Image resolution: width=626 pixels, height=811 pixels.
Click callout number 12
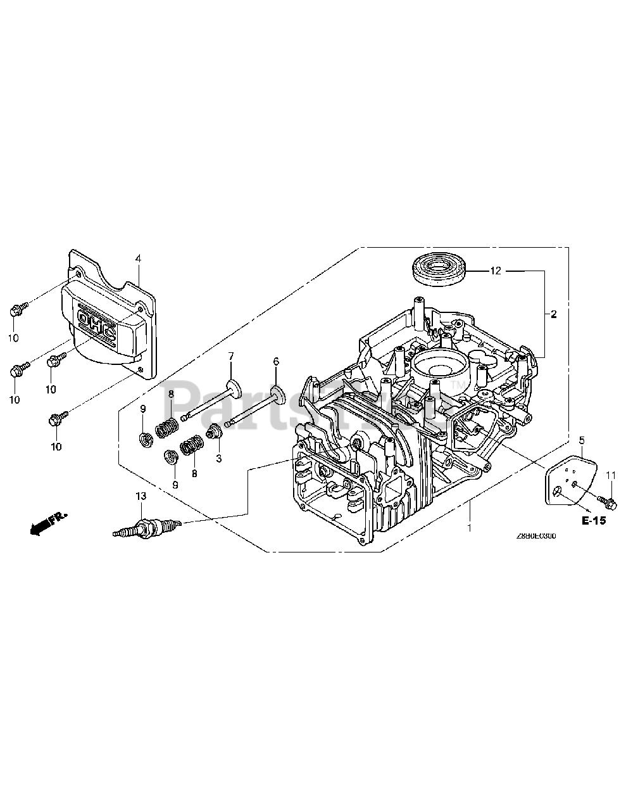(495, 271)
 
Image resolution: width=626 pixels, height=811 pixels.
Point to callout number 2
(553, 314)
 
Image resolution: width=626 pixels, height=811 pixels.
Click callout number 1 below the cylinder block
(469, 527)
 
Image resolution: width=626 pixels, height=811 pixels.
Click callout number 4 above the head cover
(137, 259)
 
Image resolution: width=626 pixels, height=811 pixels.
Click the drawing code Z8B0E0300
(535, 535)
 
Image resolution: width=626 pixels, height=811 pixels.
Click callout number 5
(582, 440)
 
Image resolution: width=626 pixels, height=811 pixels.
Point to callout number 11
(611, 475)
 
